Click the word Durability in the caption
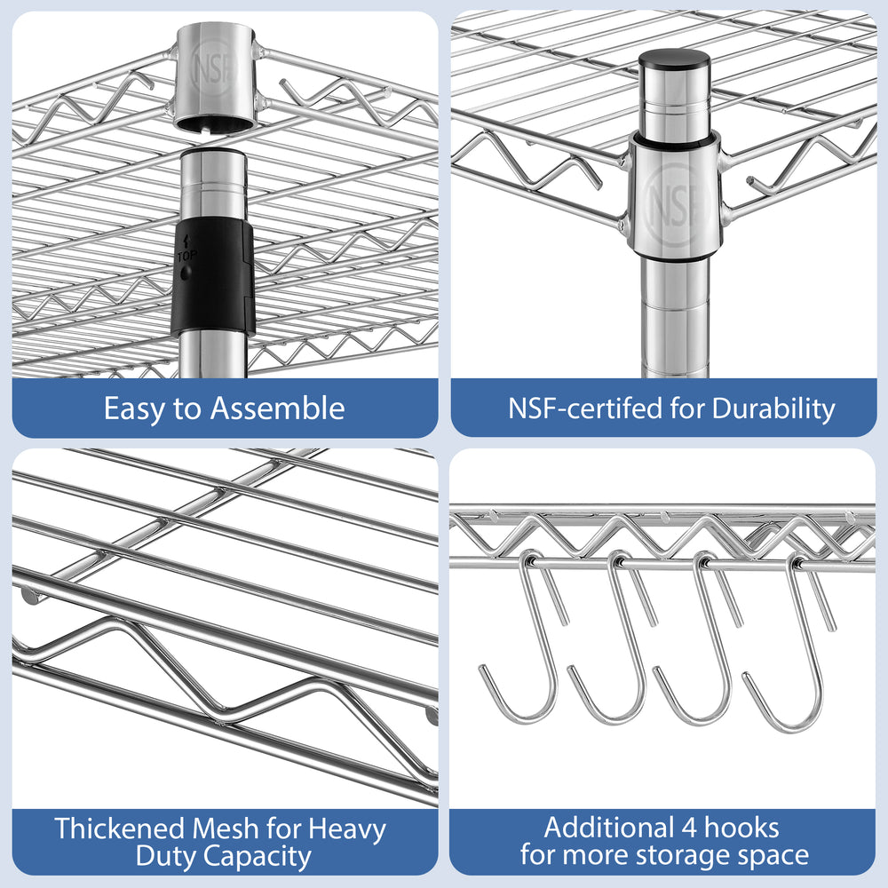(773, 409)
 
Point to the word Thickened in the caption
(120, 828)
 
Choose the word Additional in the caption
(609, 827)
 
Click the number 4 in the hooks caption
(689, 828)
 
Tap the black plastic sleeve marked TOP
(212, 276)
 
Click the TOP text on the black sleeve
(187, 256)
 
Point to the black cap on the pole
(674, 59)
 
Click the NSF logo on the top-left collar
(213, 69)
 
